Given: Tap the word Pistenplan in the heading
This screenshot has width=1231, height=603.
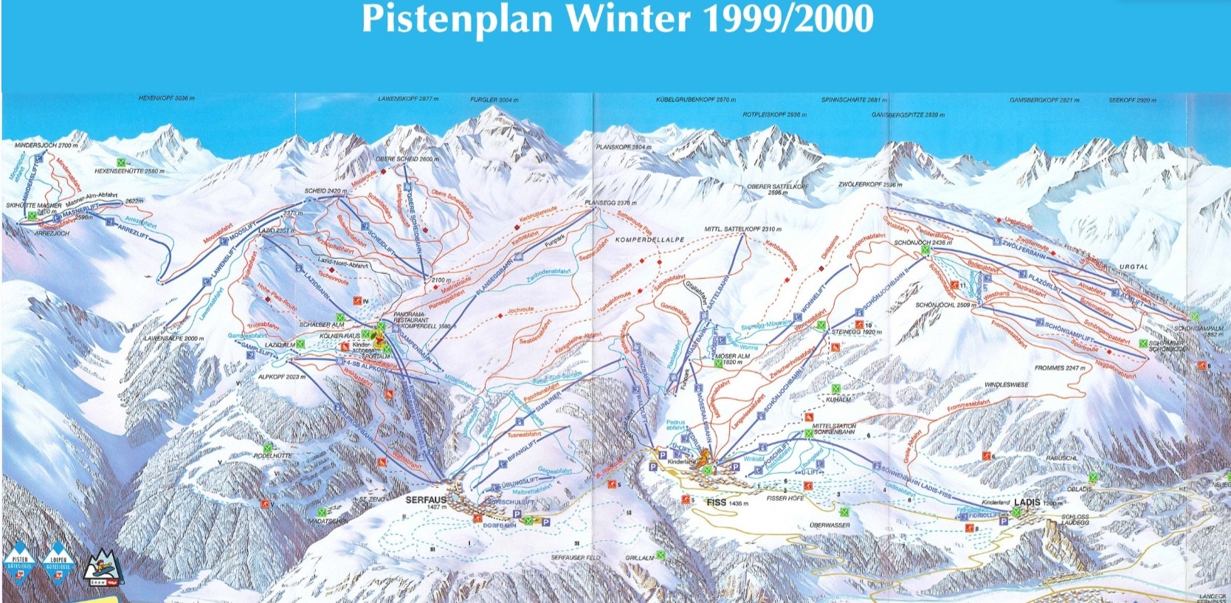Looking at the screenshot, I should [x=457, y=19].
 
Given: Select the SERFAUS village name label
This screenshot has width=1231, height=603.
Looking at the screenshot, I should [x=426, y=500].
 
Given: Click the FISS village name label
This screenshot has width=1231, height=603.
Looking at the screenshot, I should [x=717, y=503].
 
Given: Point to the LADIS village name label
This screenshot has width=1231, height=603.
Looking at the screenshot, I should [x=1027, y=503].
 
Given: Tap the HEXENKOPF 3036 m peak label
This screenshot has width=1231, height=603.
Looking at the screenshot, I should [x=167, y=98].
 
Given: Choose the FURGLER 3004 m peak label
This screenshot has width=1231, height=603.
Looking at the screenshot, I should [x=494, y=100].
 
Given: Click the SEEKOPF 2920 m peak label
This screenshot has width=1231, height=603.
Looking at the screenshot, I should [x=1132, y=100].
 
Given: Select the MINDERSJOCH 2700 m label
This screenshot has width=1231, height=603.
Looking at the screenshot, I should [x=46, y=145].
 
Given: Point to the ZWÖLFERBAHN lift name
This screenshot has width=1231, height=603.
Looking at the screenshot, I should [x=1024, y=249].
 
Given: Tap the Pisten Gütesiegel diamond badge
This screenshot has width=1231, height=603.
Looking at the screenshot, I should [x=19, y=564].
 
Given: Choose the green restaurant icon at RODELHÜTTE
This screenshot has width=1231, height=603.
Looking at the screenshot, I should [x=267, y=448].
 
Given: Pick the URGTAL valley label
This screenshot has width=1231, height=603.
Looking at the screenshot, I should [x=1134, y=266].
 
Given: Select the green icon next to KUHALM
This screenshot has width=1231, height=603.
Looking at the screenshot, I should [x=835, y=389].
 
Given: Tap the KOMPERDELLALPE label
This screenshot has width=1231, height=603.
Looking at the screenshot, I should [x=649, y=241].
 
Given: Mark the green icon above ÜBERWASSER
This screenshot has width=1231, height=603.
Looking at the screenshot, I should [x=845, y=512].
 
